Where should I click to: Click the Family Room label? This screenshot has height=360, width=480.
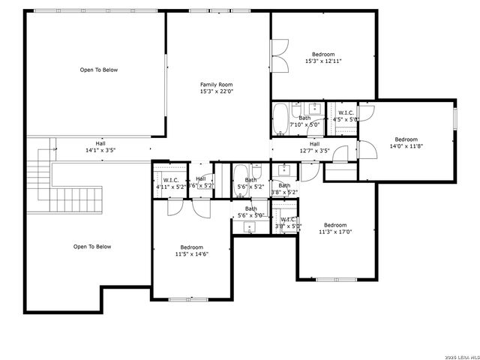216,88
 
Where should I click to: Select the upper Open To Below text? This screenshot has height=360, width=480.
99,70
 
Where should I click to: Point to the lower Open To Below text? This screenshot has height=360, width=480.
91,246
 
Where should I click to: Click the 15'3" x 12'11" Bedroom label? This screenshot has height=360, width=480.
323,58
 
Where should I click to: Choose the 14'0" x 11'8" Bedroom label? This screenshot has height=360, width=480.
406,143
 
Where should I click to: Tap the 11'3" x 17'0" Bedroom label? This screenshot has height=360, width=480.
335,228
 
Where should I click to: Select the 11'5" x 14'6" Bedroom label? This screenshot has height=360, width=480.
191,250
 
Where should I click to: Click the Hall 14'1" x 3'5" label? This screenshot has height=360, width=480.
100,146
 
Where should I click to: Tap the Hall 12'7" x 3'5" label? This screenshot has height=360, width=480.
314,147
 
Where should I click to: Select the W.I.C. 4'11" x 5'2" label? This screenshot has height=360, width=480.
170,183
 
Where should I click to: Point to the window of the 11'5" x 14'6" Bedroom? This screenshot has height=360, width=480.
187,299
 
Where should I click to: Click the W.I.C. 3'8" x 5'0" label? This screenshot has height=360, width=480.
288,223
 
